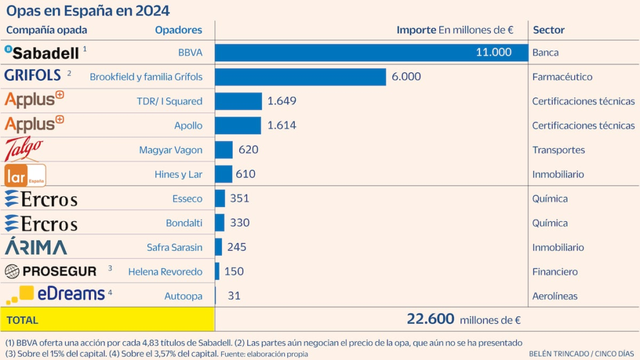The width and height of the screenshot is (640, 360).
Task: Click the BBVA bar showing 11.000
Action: click(x=371, y=52)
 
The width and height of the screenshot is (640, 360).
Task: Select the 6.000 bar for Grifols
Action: click(x=300, y=77)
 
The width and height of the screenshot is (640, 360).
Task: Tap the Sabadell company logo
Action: click(x=42, y=52)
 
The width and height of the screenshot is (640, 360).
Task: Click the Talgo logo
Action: click(x=24, y=149)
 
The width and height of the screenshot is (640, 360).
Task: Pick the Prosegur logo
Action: click(x=51, y=271)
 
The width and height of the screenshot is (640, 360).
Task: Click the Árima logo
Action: click(x=36, y=247)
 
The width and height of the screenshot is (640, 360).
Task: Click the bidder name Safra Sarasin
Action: click(x=174, y=247)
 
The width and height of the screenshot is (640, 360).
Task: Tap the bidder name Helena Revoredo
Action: click(x=165, y=272)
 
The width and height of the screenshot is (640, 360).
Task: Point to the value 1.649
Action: click(x=281, y=101)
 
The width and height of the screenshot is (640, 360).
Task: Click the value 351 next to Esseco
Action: click(x=239, y=199)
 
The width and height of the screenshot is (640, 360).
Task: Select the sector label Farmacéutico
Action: click(x=562, y=77)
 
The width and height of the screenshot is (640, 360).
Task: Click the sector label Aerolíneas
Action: click(x=554, y=296)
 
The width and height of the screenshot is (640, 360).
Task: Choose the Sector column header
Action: click(x=548, y=30)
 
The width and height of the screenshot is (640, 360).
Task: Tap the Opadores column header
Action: click(x=179, y=30)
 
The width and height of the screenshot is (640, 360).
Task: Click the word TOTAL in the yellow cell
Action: click(x=22, y=320)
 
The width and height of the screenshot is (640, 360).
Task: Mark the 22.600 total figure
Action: click(x=431, y=319)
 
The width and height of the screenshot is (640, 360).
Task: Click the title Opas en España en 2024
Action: click(x=87, y=11)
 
